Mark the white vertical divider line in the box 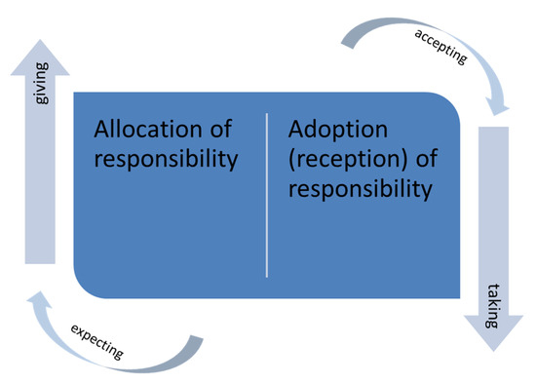[267, 195]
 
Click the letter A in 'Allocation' [101, 130]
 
